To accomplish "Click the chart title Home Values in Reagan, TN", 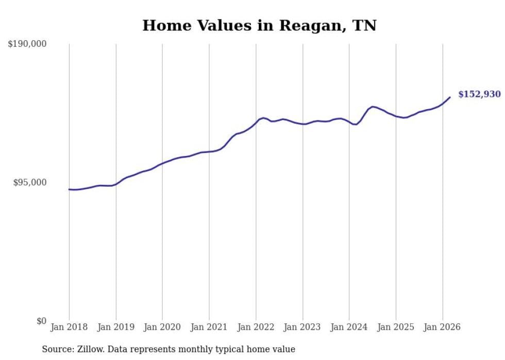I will click(x=259, y=26).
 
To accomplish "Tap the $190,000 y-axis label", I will click(x=27, y=44).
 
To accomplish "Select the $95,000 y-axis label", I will click(x=29, y=182).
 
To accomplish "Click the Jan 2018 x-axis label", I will click(x=69, y=327).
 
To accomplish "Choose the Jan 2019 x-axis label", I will click(x=116, y=327).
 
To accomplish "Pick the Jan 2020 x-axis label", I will click(x=162, y=327).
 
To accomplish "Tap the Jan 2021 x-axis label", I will click(x=209, y=327).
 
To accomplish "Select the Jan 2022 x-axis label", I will click(x=256, y=327).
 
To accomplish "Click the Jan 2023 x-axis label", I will click(x=302, y=327).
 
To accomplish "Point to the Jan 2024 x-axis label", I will click(x=349, y=327).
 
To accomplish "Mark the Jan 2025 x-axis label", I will click(x=396, y=327).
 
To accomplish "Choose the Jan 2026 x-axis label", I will click(x=442, y=327).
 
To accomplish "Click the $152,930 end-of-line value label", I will click(x=479, y=94).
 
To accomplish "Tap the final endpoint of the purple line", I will click(x=450, y=97).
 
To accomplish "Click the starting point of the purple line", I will click(x=69, y=190).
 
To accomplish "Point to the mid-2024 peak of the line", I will click(x=373, y=107).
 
